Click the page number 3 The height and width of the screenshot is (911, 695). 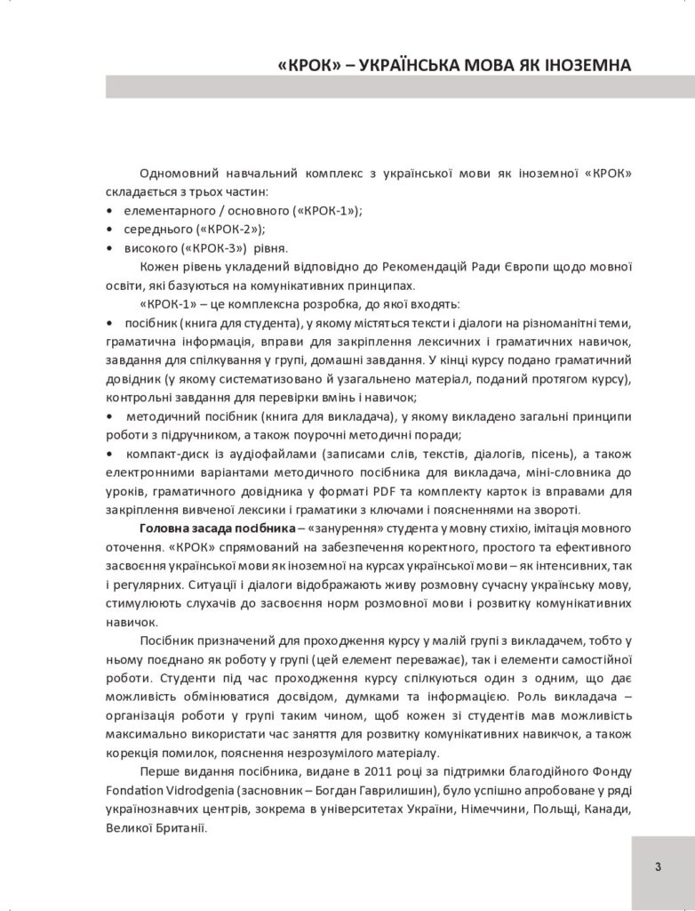[659, 867]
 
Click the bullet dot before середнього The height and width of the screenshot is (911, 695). [108, 229]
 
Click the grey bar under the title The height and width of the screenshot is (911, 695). [400, 87]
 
